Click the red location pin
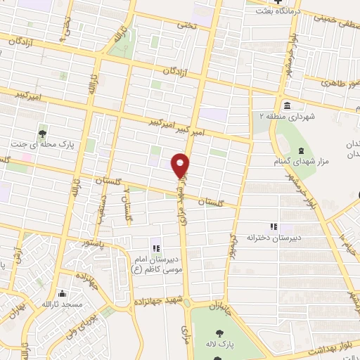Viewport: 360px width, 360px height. click(x=181, y=165)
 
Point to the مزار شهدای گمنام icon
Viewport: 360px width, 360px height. click(x=301, y=151)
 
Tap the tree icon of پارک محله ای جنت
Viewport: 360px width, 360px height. click(x=43, y=134)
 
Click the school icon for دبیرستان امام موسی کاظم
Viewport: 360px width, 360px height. click(x=155, y=248)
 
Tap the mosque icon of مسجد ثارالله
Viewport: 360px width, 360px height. click(x=63, y=294)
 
